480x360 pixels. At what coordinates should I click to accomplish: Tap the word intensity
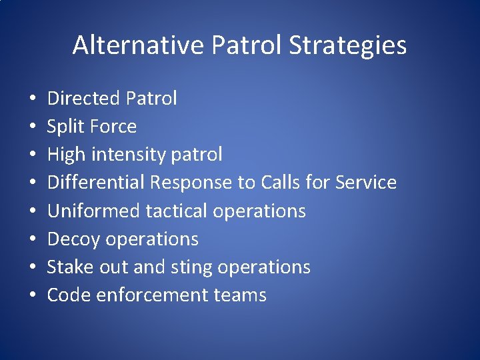coord(124,155)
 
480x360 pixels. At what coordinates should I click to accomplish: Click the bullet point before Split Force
coord(33,127)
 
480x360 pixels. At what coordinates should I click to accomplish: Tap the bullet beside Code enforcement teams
coord(33,296)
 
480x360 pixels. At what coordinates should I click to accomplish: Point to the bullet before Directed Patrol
coord(33,99)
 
